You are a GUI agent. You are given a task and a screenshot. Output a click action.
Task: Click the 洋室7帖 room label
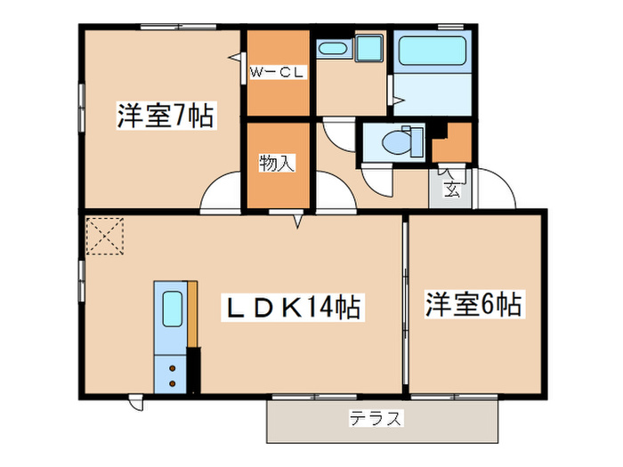pos(165,117)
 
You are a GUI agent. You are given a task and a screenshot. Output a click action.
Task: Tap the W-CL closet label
pos(278,73)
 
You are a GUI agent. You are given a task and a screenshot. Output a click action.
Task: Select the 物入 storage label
pos(277,163)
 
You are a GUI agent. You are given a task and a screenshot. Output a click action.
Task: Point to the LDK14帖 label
pos(290,308)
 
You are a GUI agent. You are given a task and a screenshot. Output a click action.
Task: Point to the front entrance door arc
pos(498,192)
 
